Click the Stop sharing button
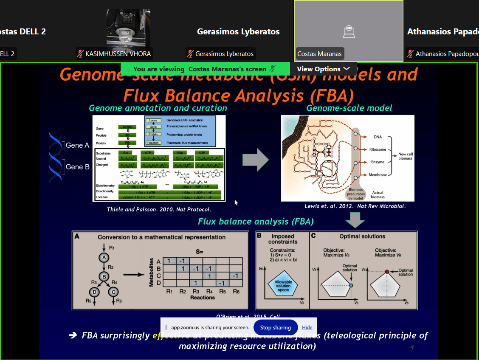tap(275, 327)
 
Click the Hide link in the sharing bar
tap(307, 327)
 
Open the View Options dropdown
tap(324, 69)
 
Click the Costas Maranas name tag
tap(319, 54)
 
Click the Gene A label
tap(77, 145)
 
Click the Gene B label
tap(77, 167)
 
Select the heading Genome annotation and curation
tap(158, 108)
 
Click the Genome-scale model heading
tap(349, 108)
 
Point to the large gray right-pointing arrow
tap(255, 160)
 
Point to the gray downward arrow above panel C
tap(355, 220)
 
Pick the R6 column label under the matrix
tap(236, 292)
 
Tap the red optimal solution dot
tap(387, 272)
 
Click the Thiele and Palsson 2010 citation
tap(159, 209)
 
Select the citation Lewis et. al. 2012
tap(355, 206)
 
